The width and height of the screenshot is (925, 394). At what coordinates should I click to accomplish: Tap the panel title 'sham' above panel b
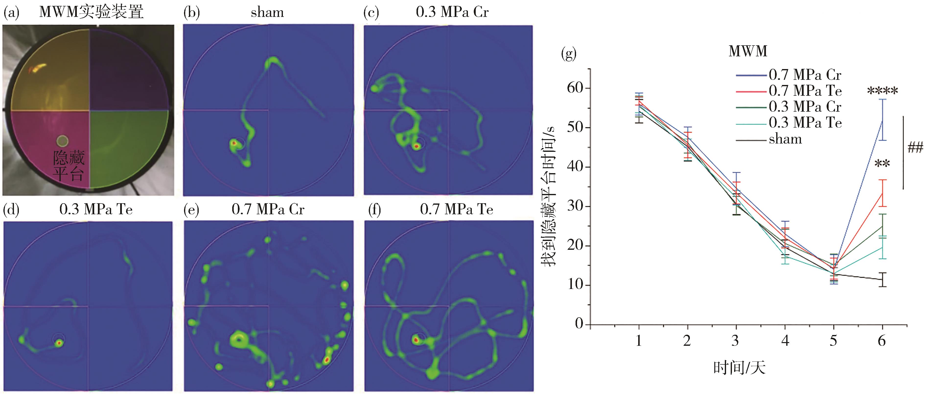[x=267, y=12]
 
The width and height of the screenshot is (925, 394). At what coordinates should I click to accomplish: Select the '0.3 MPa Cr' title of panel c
[x=452, y=12]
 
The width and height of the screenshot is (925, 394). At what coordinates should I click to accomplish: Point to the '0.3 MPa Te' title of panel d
[x=96, y=209]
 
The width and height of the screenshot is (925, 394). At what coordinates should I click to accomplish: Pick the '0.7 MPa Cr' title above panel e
[x=268, y=209]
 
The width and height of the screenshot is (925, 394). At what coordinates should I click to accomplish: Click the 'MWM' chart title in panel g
[x=748, y=51]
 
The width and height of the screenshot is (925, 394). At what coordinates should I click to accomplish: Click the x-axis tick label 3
[x=735, y=340]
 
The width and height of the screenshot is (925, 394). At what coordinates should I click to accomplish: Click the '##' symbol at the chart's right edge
[x=915, y=147]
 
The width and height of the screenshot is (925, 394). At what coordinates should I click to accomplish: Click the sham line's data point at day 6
[x=882, y=289]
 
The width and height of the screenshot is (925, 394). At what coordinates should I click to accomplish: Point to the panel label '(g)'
[x=568, y=54]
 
